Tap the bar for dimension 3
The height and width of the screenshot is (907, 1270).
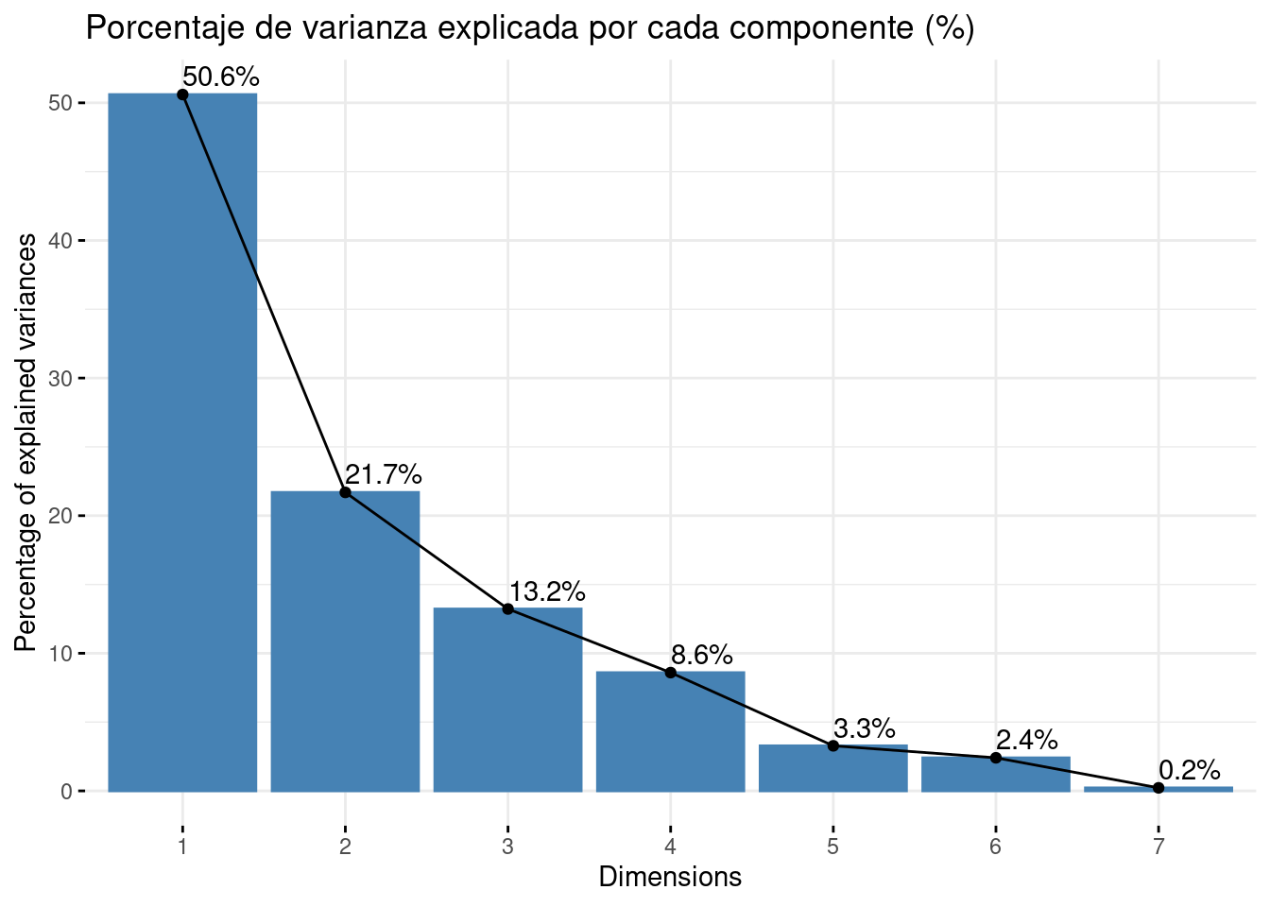[x=507, y=699]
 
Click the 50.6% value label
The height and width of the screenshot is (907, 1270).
[x=221, y=77]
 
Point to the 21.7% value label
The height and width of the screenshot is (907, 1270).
[x=384, y=475]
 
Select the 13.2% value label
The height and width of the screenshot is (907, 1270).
[x=547, y=592]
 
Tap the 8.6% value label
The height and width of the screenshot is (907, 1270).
[x=702, y=655]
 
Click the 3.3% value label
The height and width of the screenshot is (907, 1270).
[x=865, y=728]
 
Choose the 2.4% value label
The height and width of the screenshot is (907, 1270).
[x=1027, y=740]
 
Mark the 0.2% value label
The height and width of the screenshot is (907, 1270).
[x=1190, y=770]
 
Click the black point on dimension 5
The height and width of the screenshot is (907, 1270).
[x=832, y=745]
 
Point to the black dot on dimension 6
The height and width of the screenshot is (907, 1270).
[x=996, y=758]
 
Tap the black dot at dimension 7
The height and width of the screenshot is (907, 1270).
[x=1158, y=788]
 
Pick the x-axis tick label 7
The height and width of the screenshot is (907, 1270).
[x=1158, y=846]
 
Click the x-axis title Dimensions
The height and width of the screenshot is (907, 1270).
[x=670, y=877]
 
